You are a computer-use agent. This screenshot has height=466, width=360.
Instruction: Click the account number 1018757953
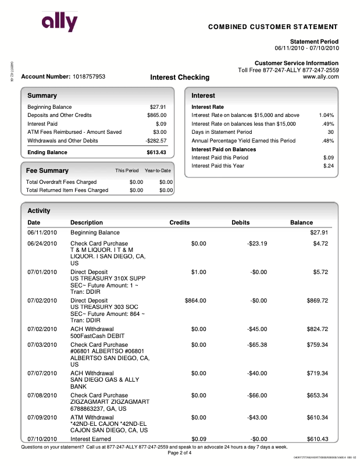[x=89, y=77]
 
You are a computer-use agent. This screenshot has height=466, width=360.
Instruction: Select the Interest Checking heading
[x=180, y=77]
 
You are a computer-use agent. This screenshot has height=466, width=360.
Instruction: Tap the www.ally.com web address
[x=320, y=77]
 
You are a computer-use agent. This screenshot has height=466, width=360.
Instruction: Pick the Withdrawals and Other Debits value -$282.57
[x=156, y=141]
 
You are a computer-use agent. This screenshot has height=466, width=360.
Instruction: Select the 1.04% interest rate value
[x=326, y=115]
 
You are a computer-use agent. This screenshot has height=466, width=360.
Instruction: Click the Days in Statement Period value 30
[x=330, y=132]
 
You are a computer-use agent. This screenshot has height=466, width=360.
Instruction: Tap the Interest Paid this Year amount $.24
[x=328, y=166]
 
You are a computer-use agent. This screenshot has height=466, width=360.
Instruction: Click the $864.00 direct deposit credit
[x=195, y=301]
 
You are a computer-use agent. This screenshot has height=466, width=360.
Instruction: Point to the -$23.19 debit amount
[x=256, y=243]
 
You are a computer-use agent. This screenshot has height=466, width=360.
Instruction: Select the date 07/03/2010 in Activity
[x=42, y=344]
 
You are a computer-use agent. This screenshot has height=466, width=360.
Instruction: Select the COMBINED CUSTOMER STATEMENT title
[x=273, y=27]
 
